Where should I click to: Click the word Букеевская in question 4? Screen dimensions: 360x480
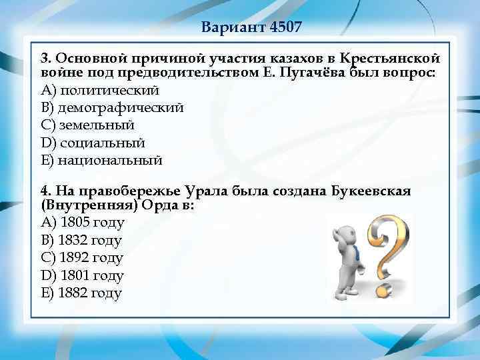coord(371,192)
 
